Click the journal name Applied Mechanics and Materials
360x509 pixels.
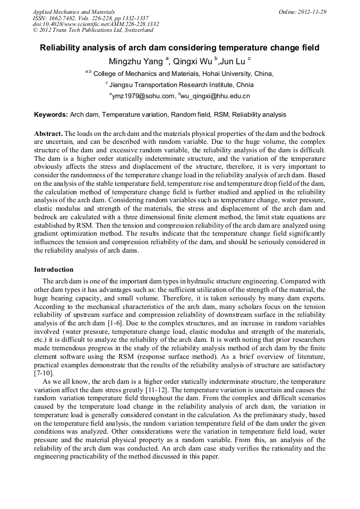(74, 12)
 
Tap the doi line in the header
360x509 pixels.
(96, 24)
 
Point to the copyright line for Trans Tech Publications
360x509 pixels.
(93, 30)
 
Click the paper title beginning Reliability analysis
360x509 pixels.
(179, 48)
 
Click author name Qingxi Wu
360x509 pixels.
(193, 62)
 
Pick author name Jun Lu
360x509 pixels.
(234, 62)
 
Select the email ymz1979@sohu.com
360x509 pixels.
(143, 96)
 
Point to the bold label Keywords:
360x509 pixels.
(51, 114)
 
